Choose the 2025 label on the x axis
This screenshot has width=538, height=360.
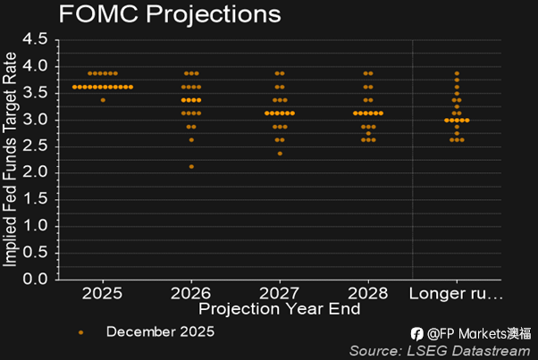[102, 293]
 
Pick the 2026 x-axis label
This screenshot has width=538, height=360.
[190, 293]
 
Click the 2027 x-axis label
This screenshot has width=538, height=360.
[279, 293]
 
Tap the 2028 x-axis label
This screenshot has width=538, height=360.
[367, 293]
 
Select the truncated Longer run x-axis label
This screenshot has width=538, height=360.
[456, 293]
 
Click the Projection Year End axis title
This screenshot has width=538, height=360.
[280, 309]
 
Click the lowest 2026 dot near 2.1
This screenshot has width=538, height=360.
[190, 167]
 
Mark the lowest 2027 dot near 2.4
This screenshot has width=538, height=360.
[279, 154]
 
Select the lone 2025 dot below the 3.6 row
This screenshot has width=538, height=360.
[103, 100]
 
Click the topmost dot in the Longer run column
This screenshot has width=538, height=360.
[457, 73]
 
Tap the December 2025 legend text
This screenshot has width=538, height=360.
[160, 331]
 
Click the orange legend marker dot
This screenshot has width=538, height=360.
[80, 331]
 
